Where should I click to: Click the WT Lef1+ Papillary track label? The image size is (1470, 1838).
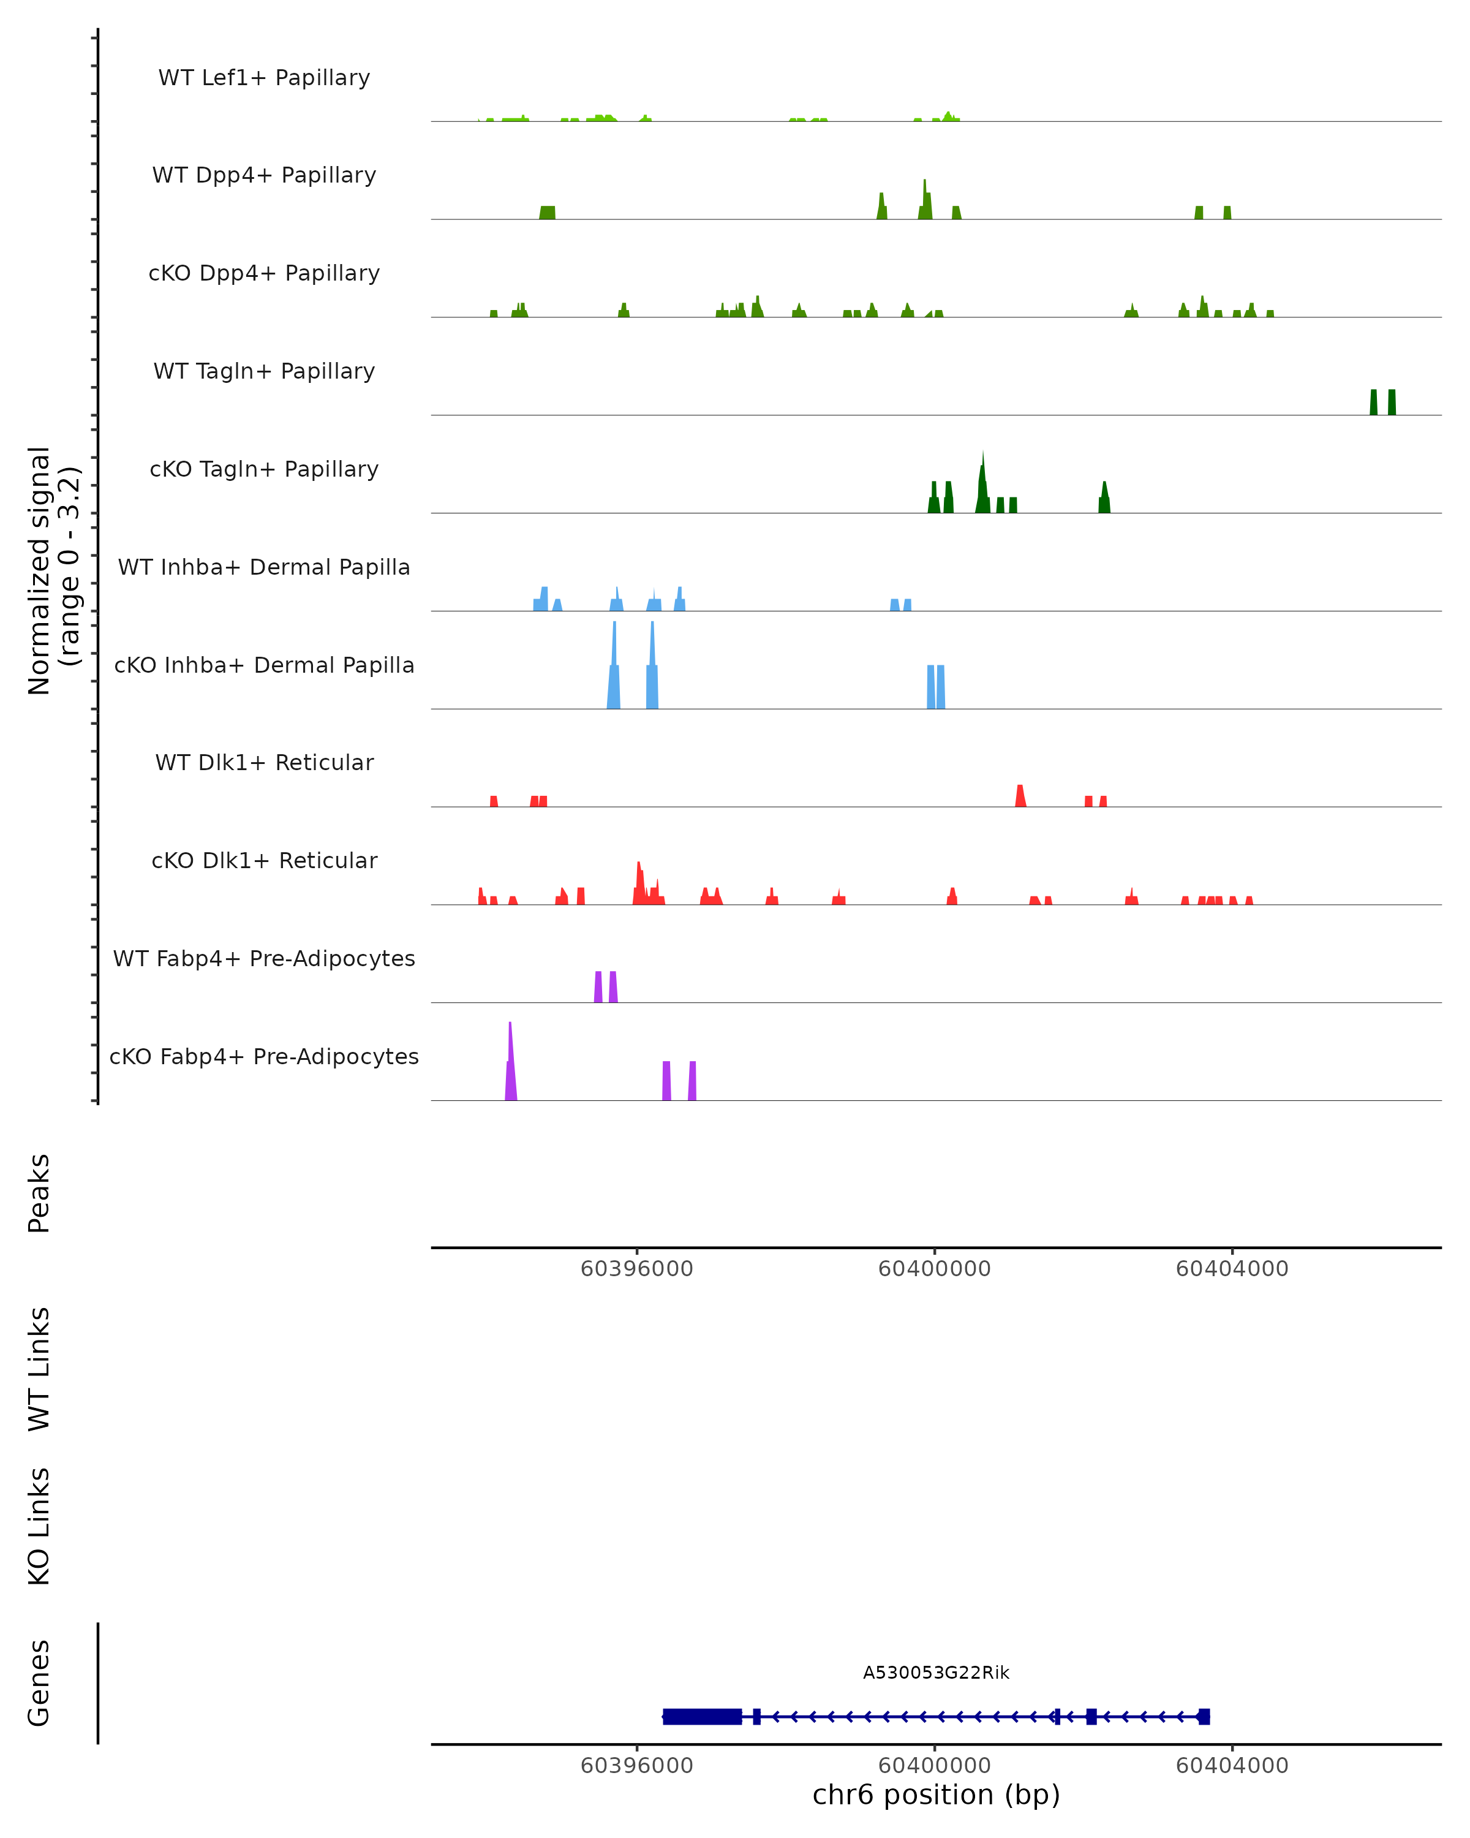click(x=264, y=78)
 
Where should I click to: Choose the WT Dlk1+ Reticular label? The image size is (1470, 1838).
click(x=264, y=762)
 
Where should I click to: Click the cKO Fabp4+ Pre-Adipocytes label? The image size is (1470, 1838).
click(x=264, y=1056)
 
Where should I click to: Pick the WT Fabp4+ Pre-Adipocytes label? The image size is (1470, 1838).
click(x=264, y=958)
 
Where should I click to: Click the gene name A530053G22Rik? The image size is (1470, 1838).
click(x=936, y=1673)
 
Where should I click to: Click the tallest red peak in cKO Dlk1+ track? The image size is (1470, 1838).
click(x=639, y=878)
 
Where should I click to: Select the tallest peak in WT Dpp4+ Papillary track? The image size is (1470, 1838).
click(x=925, y=196)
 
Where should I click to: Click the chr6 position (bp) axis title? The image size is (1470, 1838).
click(x=936, y=1795)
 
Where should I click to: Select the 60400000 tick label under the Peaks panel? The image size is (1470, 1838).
click(x=934, y=1269)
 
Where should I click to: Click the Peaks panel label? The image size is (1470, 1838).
click(x=39, y=1193)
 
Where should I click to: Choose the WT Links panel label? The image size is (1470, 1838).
click(x=39, y=1368)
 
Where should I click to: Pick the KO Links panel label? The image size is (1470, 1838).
click(x=39, y=1526)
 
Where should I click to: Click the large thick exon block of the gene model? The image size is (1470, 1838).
click(x=702, y=1716)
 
